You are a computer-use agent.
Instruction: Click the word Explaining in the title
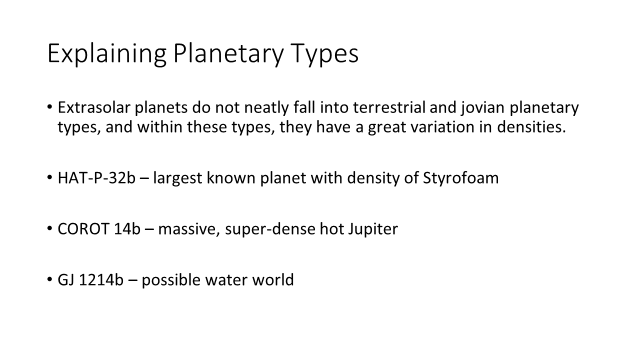107,54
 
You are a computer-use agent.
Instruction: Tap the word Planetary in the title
228,54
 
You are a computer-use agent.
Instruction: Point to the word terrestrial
389,107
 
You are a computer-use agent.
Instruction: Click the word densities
531,126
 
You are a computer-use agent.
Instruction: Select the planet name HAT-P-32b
96,177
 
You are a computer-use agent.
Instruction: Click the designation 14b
127,229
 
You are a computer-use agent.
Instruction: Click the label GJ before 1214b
66,279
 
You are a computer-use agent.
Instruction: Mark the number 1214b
101,279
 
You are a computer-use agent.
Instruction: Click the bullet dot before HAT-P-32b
49,177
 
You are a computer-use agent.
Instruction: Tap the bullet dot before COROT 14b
49,228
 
